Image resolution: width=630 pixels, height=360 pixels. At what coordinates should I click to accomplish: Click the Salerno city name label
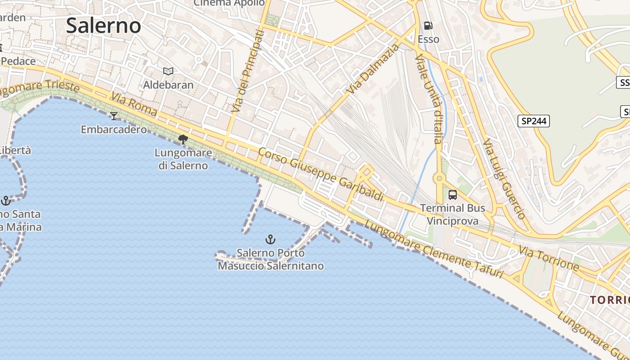pos(103,25)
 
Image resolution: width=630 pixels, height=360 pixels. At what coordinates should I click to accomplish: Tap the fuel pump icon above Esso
pos(428,26)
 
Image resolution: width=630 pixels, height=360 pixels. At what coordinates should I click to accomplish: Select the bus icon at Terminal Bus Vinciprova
pos(453,195)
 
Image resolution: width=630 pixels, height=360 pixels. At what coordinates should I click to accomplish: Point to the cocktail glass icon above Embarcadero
pos(114,116)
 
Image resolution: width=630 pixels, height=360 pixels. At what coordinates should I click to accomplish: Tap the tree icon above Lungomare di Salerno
pos(183,139)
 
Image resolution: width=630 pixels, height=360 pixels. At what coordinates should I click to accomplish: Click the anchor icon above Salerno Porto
pos(270,239)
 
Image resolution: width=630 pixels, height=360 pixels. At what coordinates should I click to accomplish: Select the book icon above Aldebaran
pos(168,71)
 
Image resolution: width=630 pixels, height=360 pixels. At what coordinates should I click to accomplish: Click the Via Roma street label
pos(134,105)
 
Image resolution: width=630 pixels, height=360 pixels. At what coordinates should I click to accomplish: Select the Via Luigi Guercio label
pos(504,179)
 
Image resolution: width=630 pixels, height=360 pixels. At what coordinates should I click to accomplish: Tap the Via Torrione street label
pos(549,258)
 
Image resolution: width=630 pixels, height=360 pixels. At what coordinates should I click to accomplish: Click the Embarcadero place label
pos(114,130)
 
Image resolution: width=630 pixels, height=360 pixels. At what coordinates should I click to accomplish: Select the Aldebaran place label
pos(168,85)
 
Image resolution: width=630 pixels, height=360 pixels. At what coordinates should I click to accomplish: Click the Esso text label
pos(428,39)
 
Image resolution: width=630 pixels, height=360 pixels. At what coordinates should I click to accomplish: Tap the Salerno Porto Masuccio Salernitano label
pos(271,259)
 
